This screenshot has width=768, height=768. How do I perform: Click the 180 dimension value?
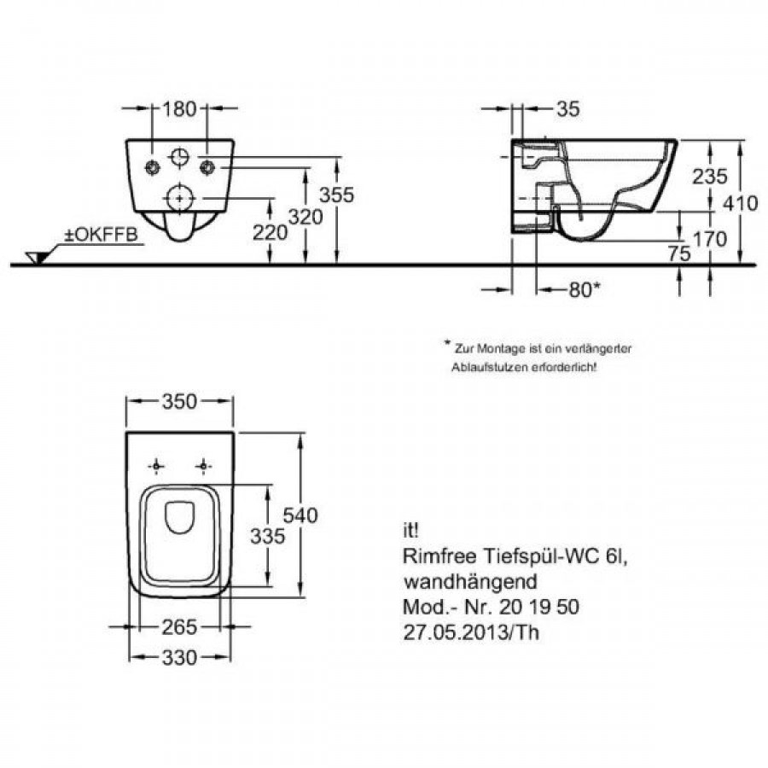pyautogui.click(x=180, y=108)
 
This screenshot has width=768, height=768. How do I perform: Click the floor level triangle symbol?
pyautogui.click(x=37, y=256)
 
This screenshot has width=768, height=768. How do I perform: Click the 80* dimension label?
pyautogui.click(x=585, y=290)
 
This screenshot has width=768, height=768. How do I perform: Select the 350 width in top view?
pyautogui.click(x=180, y=401)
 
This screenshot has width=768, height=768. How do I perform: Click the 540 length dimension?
pyautogui.click(x=300, y=515)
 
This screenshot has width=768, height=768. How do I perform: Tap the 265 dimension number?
pyautogui.click(x=180, y=627)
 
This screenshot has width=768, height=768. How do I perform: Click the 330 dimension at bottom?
pyautogui.click(x=180, y=658)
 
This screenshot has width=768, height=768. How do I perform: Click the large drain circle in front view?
pyautogui.click(x=179, y=195)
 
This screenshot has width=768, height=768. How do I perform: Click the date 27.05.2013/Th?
pyautogui.click(x=469, y=632)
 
